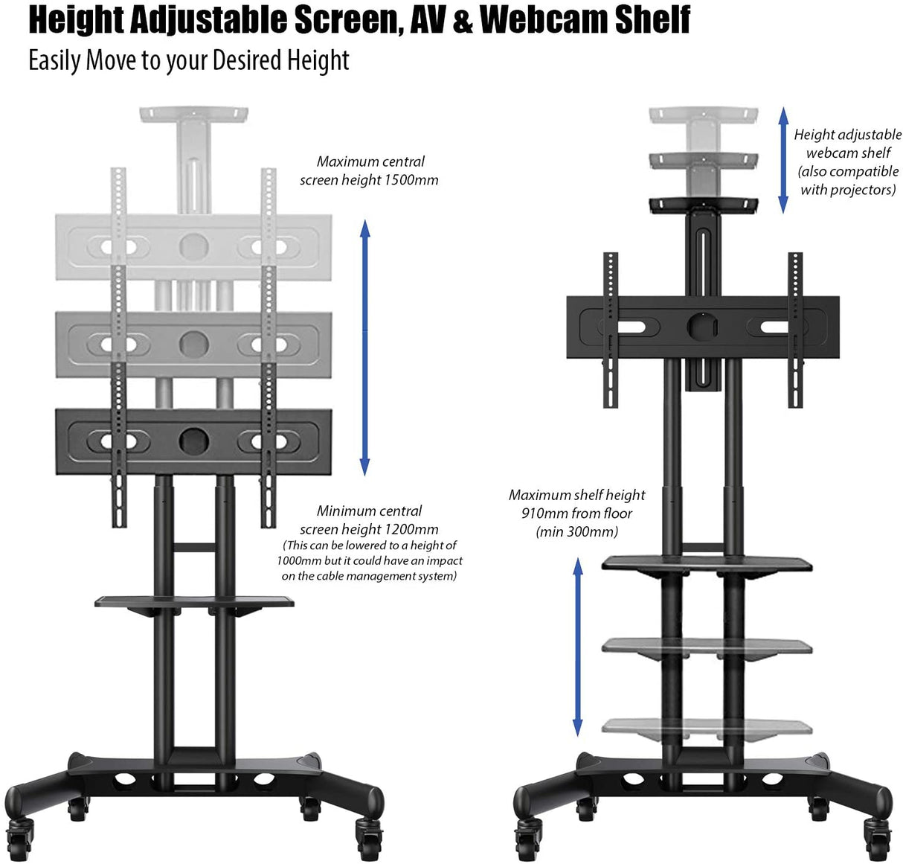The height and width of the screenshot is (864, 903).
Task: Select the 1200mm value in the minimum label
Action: click(411, 529)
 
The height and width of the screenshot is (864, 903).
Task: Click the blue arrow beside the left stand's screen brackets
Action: click(364, 348)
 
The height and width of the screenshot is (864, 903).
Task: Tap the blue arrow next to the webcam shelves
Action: click(783, 159)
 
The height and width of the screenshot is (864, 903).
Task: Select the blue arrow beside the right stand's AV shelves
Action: click(577, 647)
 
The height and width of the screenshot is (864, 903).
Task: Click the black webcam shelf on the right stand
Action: click(703, 204)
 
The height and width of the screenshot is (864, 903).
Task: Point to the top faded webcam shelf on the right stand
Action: click(703, 115)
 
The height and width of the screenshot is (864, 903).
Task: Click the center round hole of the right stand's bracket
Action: click(703, 327)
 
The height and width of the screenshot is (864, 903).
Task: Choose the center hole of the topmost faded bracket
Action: click(193, 246)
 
